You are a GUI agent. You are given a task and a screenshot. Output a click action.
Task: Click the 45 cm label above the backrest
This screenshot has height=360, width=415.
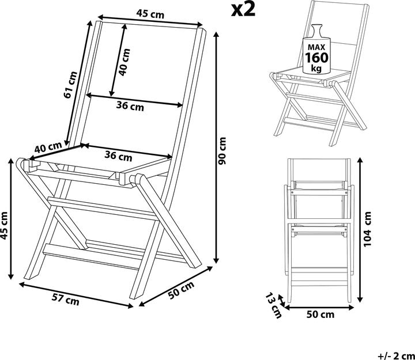click(150, 13)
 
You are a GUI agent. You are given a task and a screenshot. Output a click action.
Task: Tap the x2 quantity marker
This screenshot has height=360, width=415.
click(243, 10)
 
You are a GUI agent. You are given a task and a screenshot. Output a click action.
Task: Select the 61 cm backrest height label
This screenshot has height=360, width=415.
click(70, 85)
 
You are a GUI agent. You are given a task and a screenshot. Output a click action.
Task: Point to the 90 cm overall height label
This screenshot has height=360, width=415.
click(222, 150)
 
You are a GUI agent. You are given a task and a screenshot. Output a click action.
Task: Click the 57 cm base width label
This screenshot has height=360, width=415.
click(65, 300)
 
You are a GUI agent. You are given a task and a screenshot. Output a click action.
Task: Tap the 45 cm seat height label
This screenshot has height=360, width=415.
click(4, 225)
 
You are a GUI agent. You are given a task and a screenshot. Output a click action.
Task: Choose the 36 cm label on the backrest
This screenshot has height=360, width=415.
click(130, 106)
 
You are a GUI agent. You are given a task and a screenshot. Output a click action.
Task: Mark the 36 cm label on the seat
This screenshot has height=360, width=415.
click(118, 156)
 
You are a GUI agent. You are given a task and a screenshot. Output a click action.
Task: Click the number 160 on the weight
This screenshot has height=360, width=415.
click(316, 58)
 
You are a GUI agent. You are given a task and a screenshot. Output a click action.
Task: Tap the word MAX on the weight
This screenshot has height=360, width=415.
click(316, 47)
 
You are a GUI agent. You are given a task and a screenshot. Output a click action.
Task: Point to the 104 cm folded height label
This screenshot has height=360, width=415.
click(367, 229)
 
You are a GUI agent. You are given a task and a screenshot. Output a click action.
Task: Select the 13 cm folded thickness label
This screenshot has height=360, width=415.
click(274, 305)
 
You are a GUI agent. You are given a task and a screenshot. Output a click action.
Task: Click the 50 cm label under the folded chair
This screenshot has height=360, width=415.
click(320, 314)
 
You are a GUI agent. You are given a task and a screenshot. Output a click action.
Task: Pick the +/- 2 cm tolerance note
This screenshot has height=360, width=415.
click(396, 355)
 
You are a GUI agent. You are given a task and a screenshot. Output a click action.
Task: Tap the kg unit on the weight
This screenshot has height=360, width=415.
click(316, 69)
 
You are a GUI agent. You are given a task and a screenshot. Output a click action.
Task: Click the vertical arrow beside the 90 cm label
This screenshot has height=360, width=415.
click(217, 147)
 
